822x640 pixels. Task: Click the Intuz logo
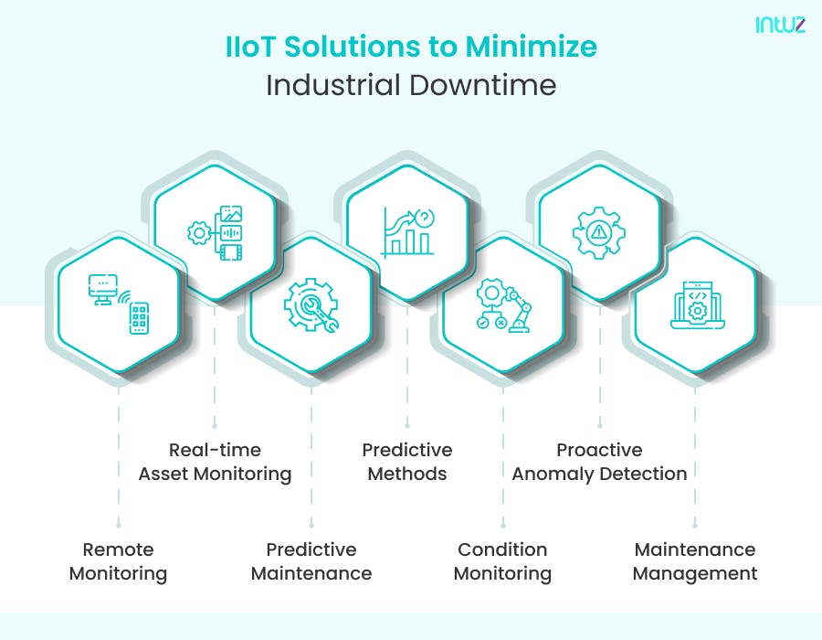[x=780, y=25]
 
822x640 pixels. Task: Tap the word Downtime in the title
[x=482, y=85]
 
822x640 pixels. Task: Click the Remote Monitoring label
[x=119, y=561]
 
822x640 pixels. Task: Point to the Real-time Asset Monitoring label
[x=215, y=462]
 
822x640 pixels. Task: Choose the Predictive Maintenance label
[x=311, y=561]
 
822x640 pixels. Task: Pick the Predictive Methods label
[x=407, y=462]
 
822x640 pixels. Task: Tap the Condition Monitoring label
[x=502, y=561]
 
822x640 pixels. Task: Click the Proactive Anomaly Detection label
[x=600, y=462]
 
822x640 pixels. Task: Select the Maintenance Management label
[x=695, y=561]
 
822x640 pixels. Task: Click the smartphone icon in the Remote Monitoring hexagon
[x=139, y=318]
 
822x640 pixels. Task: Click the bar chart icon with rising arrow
[x=408, y=232]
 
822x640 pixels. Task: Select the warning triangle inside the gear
[x=598, y=231]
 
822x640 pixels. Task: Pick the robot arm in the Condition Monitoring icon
[x=518, y=309]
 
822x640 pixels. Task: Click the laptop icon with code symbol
[x=697, y=305]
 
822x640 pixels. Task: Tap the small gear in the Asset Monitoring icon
[x=199, y=232]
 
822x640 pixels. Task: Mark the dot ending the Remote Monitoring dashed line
[x=119, y=525]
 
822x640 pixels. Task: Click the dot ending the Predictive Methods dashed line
[x=407, y=425]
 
